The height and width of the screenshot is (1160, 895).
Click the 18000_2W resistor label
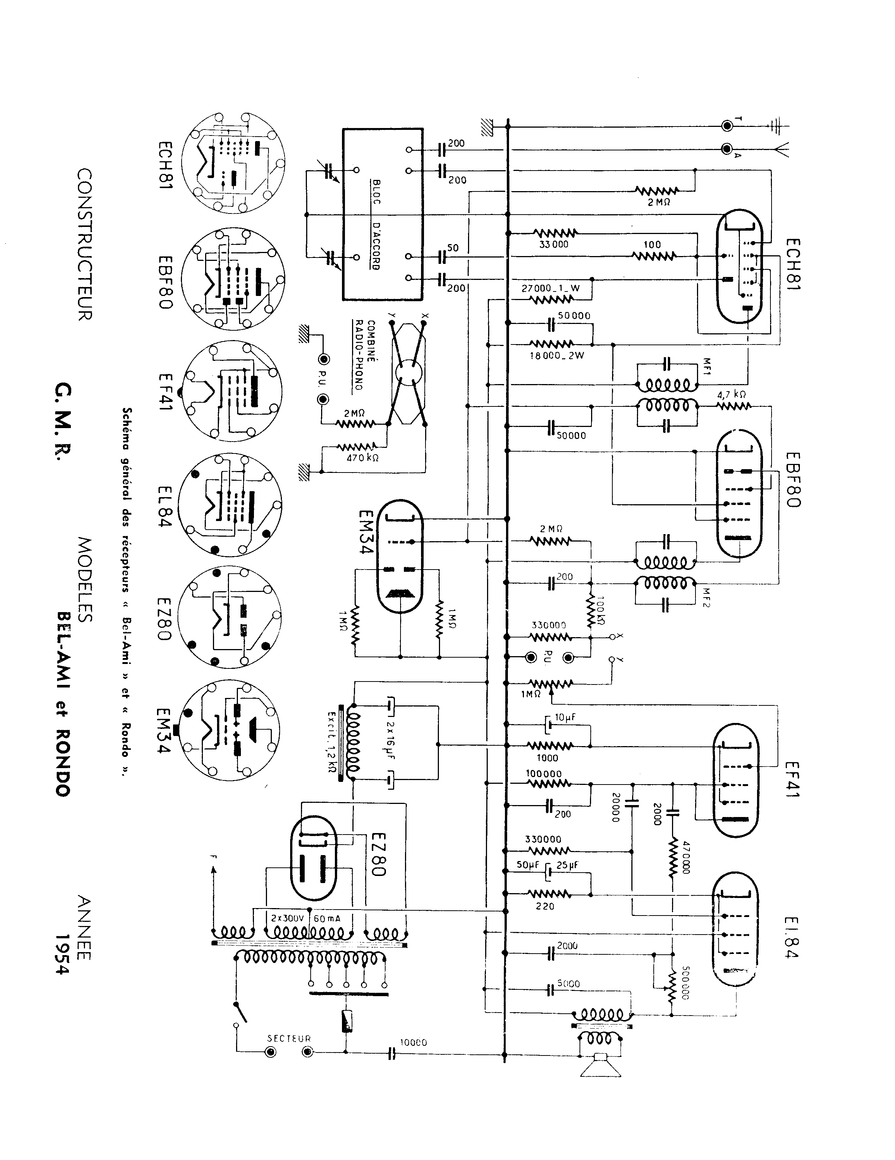tap(556, 355)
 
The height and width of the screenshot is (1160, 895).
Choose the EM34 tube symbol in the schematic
tap(401, 556)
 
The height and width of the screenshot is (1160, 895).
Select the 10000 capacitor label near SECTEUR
tap(413, 1043)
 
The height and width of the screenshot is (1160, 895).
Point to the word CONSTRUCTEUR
tap(85, 244)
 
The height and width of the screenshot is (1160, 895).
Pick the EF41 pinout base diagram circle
tap(232, 392)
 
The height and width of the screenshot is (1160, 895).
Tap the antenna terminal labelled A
tap(727, 149)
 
